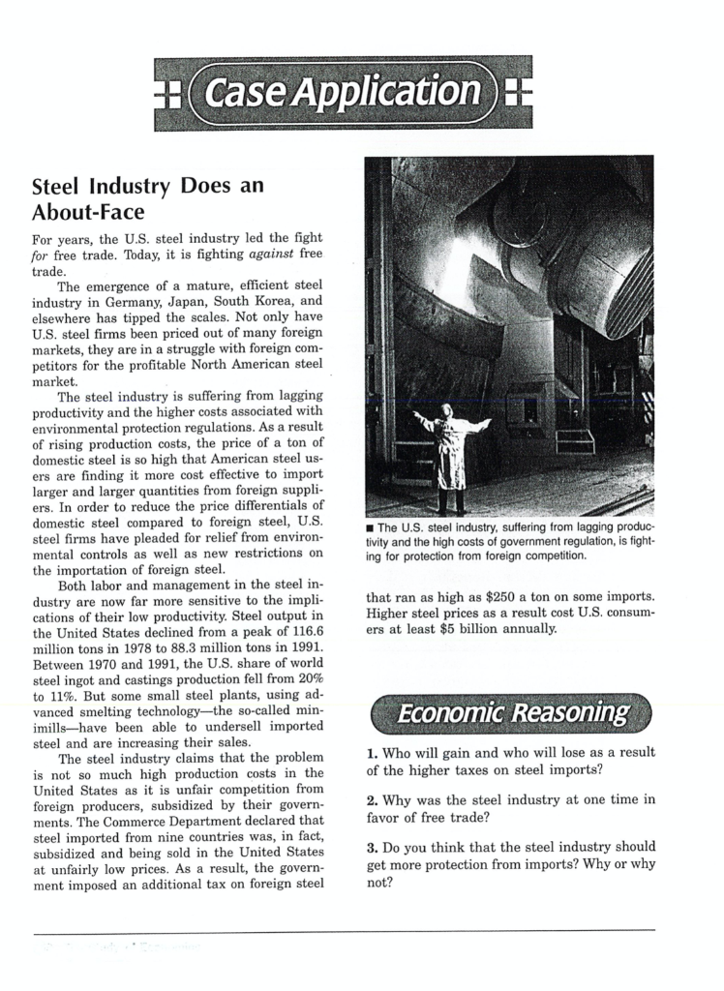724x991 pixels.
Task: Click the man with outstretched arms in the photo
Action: (450, 455)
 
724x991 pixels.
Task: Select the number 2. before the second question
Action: (373, 800)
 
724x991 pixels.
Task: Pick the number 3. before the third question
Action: (373, 848)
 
